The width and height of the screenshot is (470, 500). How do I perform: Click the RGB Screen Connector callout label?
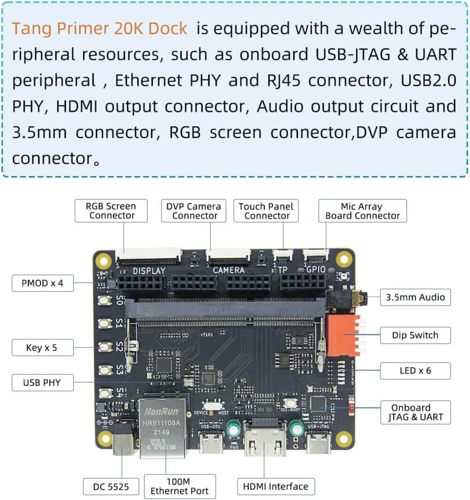tap(111, 211)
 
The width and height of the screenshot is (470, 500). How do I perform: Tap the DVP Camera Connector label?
tap(194, 211)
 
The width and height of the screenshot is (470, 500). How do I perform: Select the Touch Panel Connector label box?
tap(266, 211)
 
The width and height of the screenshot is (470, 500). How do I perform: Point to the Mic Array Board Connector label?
tap(362, 211)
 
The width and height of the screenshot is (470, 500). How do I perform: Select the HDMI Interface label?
tap(275, 486)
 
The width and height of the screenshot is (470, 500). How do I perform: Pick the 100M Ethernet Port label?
tap(180, 486)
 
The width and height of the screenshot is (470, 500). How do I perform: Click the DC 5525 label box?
tap(112, 486)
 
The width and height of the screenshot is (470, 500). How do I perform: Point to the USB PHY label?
tap(42, 383)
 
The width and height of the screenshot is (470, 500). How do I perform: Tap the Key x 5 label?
tap(42, 348)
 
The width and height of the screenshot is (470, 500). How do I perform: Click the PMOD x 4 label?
tap(42, 283)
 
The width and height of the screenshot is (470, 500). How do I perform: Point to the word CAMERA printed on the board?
tap(229, 270)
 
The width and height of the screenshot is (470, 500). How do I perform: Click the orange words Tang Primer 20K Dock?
tap(99, 29)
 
